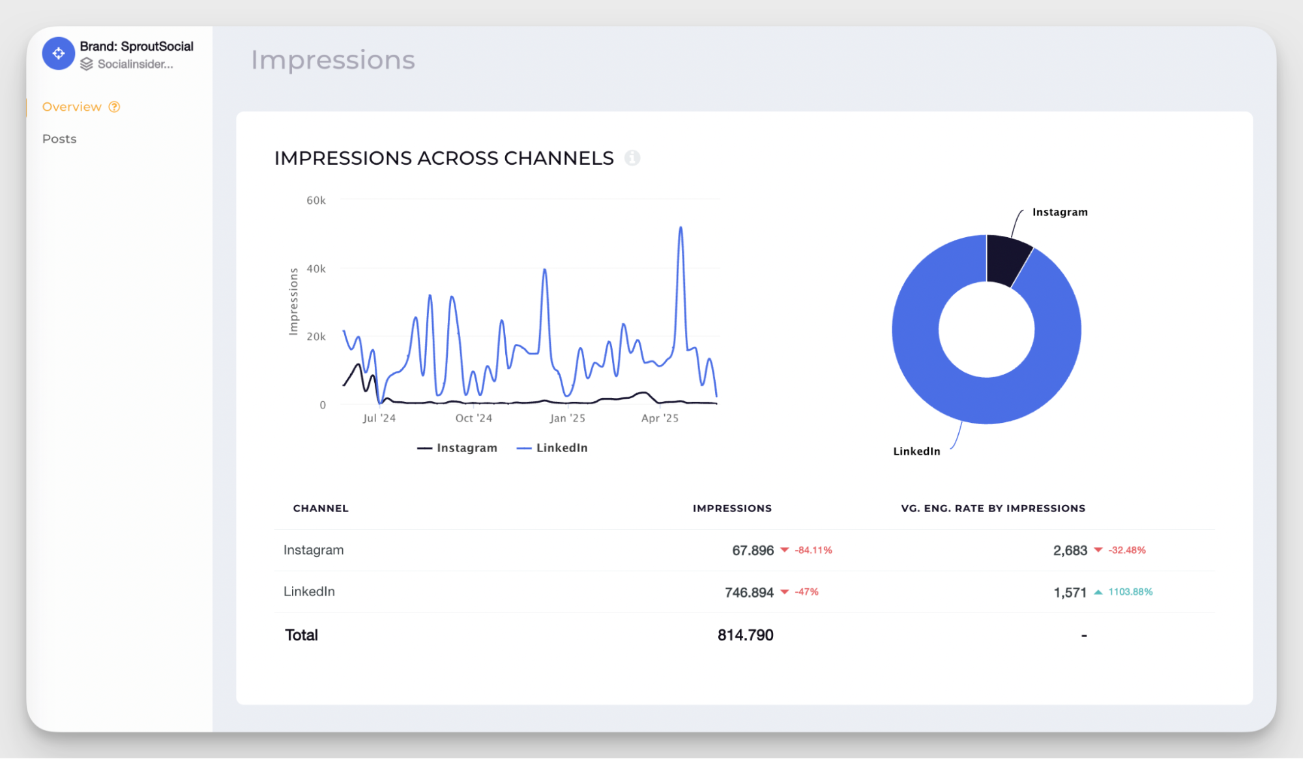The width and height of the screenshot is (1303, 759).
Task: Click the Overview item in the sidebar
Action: [72, 107]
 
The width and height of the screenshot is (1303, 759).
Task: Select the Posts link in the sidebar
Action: [59, 139]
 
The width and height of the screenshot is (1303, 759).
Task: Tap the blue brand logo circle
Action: [59, 53]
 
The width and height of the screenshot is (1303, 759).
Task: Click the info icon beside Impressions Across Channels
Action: [632, 158]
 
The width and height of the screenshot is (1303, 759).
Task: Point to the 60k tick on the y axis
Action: [316, 201]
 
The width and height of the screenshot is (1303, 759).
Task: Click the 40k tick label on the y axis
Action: [316, 268]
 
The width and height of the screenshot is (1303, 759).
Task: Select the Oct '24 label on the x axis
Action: [473, 418]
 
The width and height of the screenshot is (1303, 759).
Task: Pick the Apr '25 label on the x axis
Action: [660, 418]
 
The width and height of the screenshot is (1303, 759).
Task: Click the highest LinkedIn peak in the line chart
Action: [681, 228]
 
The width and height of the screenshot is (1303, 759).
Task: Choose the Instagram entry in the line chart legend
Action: [458, 448]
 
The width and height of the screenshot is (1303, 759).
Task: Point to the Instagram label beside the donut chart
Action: [1060, 212]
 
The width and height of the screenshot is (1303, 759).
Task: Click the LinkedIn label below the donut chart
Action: [916, 451]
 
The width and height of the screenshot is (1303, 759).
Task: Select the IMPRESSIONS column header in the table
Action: [732, 508]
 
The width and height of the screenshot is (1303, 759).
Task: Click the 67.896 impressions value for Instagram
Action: [752, 551]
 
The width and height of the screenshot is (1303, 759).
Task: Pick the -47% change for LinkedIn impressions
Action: [806, 592]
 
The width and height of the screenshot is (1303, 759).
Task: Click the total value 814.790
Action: [745, 635]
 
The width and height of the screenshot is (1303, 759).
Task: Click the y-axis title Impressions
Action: [293, 302]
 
